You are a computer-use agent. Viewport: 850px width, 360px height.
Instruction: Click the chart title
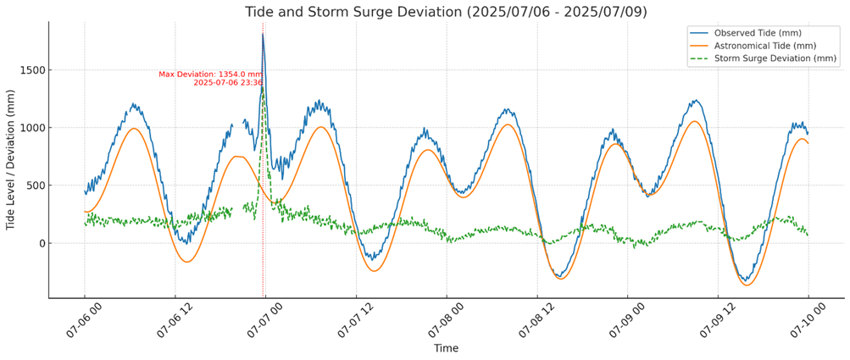click(x=446, y=12)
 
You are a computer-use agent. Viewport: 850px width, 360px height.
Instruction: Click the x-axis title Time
click(x=446, y=348)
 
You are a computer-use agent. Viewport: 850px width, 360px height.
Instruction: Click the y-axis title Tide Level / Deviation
click(x=11, y=160)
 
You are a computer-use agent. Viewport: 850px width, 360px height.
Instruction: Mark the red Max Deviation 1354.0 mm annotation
click(x=210, y=75)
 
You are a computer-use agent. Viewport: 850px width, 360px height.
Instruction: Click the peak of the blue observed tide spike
click(x=263, y=34)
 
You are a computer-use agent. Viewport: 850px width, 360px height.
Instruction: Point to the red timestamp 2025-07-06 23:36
click(x=227, y=83)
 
